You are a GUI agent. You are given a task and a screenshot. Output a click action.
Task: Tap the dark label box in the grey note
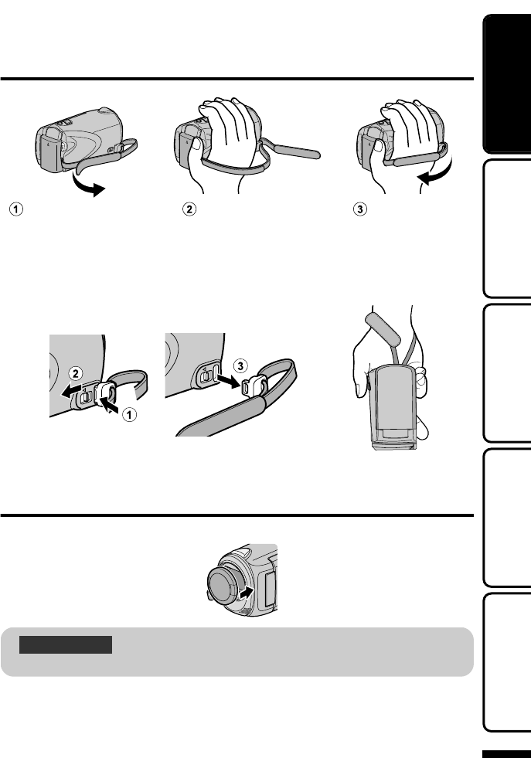(66, 644)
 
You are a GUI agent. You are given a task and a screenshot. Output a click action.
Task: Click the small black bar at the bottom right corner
(505, 753)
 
